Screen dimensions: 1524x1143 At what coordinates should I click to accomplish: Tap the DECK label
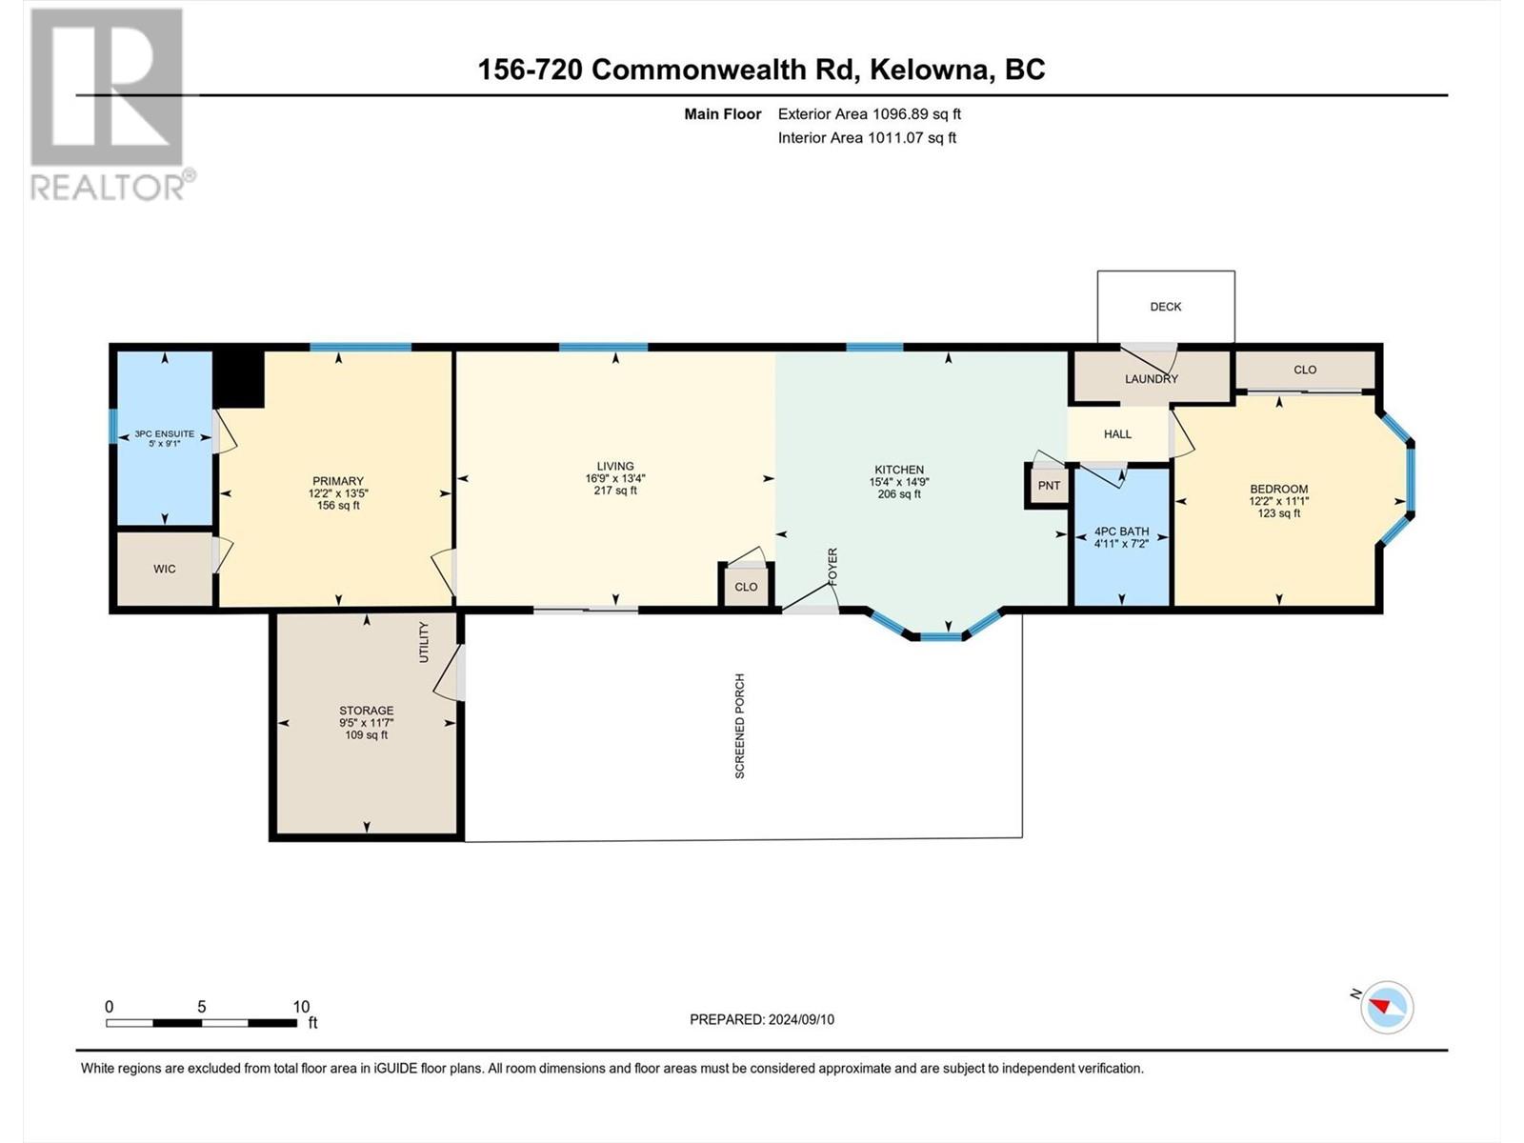coord(1165,307)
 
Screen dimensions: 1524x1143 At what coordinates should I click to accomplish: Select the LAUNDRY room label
coord(1152,379)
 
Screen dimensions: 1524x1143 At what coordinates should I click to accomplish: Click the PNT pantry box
coord(1049,486)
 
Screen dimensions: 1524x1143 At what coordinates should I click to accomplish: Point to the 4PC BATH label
coord(1121,531)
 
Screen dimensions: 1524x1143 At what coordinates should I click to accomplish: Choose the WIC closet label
coord(165,569)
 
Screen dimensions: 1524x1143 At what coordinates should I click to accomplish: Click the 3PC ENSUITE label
coord(165,433)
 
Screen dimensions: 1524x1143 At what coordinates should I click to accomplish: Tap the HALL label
coord(1117,434)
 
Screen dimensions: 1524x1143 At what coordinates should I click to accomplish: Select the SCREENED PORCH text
coord(739,726)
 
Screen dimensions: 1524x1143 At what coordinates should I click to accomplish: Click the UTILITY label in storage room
coord(424,642)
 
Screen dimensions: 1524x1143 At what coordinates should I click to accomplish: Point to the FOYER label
coord(833,567)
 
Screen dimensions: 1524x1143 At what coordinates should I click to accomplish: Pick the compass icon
coord(1387,1007)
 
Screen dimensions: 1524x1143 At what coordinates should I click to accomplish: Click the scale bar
coord(201,1023)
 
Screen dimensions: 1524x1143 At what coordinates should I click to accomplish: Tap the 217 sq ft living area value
coord(615,491)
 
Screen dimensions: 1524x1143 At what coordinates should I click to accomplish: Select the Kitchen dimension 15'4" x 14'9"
coord(899,482)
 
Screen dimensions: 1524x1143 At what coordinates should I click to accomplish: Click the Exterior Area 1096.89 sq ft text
coord(870,114)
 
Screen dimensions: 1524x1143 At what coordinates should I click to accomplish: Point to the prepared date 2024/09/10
coord(800,1019)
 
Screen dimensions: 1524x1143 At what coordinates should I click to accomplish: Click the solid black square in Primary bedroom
coord(238,379)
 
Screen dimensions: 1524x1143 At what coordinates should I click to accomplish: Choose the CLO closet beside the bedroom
coord(1305,370)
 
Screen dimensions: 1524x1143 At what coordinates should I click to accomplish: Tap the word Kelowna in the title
coord(930,70)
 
